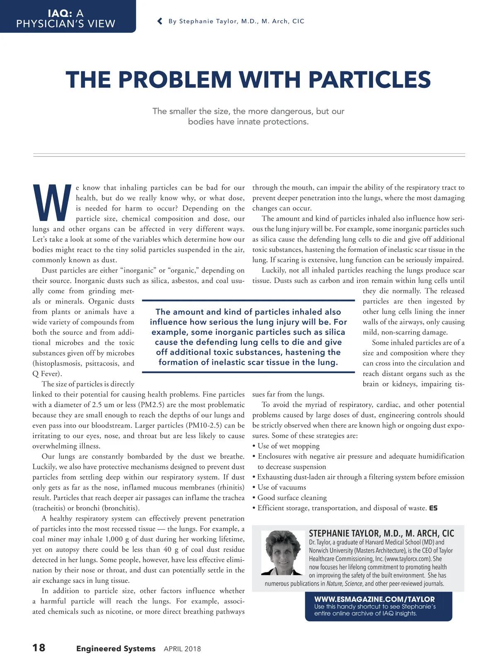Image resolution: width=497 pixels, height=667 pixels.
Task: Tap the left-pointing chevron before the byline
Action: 160,21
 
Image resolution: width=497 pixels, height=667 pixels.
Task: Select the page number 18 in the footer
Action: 39,648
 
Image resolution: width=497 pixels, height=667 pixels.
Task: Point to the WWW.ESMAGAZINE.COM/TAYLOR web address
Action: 374,599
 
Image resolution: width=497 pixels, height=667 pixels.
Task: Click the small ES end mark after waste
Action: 433,508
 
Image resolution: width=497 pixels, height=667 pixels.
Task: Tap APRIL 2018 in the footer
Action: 182,649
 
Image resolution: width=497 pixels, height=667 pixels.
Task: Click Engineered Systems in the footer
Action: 116,648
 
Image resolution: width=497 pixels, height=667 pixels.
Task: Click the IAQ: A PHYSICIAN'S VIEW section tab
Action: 66,19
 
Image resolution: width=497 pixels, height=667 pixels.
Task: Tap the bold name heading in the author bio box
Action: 381,533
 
